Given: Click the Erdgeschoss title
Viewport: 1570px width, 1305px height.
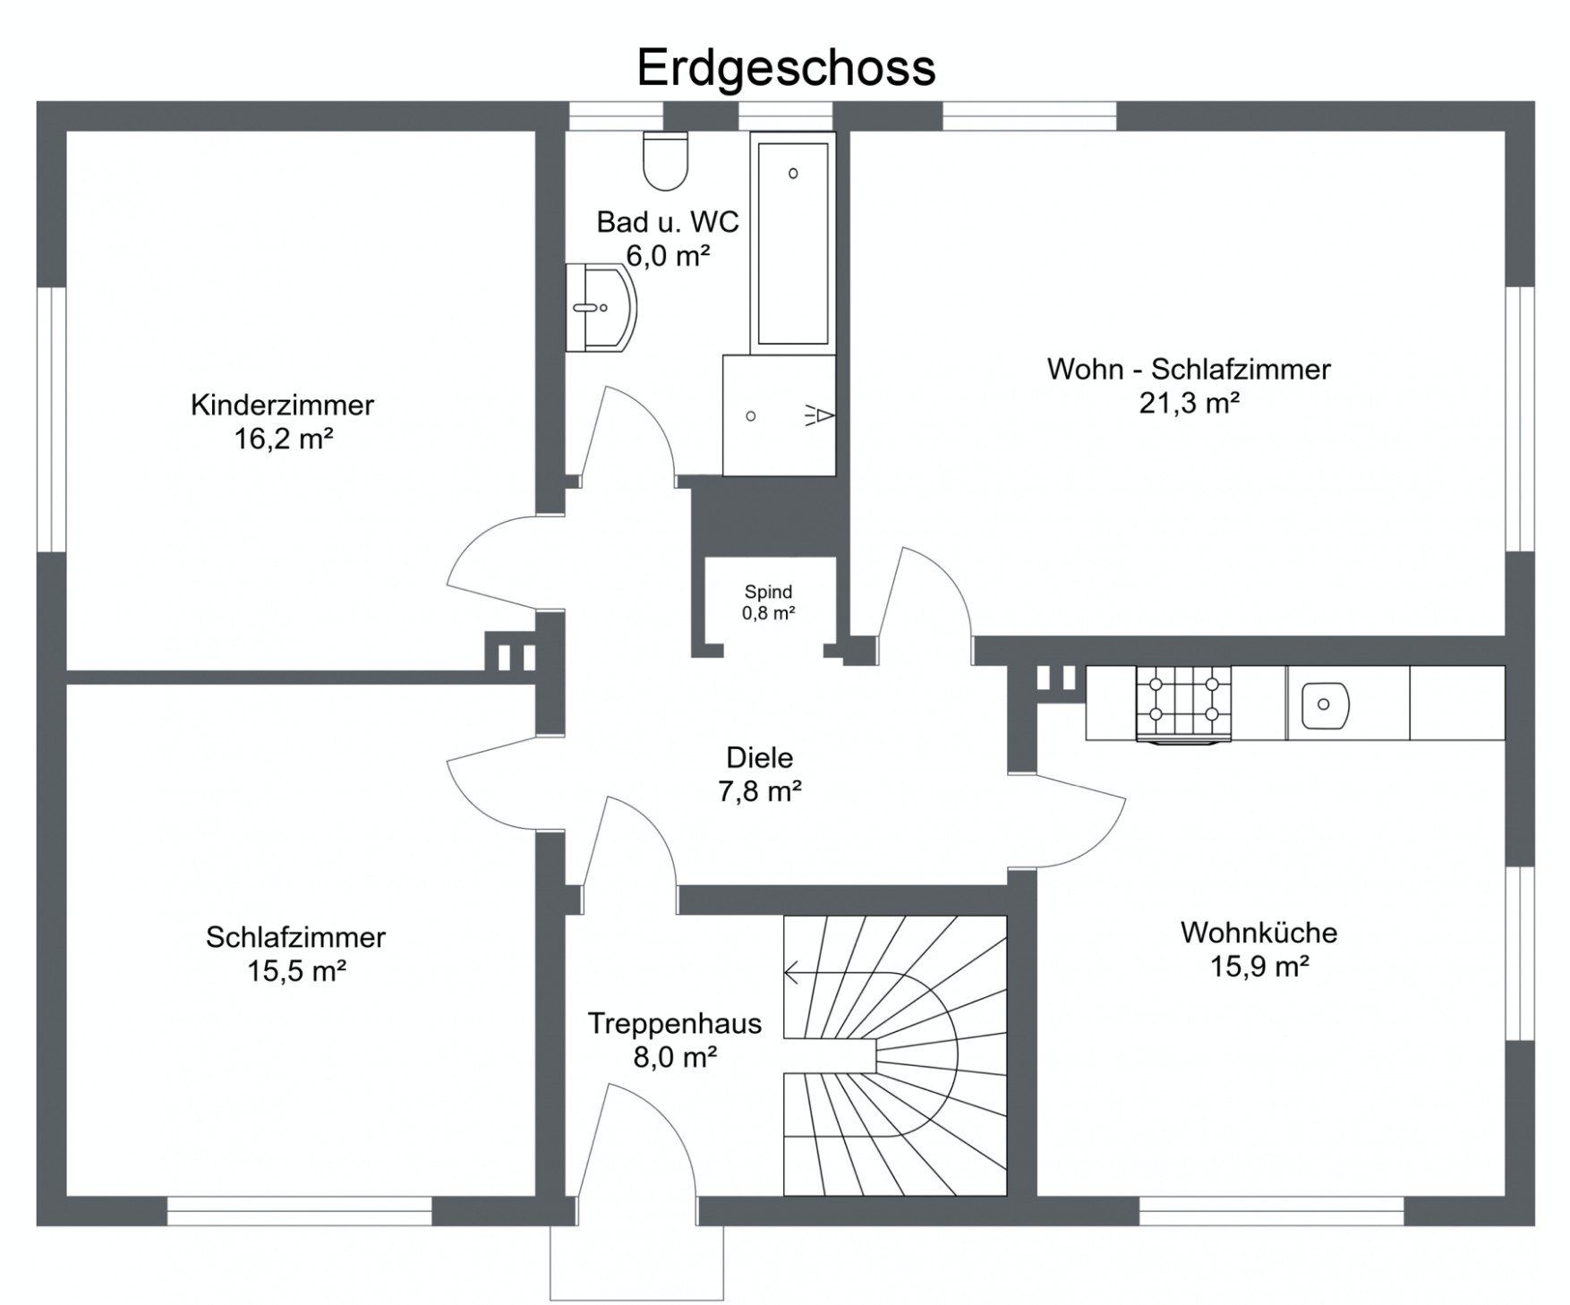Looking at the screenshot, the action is click(786, 69).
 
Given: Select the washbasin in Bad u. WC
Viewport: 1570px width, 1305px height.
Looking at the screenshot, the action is click(602, 308).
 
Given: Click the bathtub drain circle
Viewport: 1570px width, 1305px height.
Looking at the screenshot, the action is click(793, 174).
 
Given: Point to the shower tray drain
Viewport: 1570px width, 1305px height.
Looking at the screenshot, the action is click(751, 416).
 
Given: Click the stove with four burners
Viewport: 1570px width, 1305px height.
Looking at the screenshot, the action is click(1183, 704).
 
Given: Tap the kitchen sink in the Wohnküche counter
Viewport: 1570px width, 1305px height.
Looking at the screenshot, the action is click(1323, 704).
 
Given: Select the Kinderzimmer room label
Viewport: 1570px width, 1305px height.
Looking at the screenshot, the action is click(282, 405).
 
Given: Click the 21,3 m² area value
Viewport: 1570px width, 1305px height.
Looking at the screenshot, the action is click(1189, 404).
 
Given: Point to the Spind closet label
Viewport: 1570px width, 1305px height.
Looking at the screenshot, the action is click(769, 593).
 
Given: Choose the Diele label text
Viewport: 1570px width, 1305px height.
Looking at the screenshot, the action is click(760, 758).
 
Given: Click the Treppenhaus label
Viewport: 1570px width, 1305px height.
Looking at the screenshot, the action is click(675, 1023).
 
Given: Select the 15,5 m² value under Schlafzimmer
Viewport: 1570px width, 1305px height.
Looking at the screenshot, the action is click(296, 971).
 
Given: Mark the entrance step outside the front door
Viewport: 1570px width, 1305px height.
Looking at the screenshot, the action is click(636, 1263).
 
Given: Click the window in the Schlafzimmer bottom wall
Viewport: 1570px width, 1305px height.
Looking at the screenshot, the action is click(300, 1211).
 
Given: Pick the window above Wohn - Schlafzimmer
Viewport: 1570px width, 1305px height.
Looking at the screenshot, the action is click(1029, 116).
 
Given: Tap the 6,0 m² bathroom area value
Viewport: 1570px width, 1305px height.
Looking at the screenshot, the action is click(668, 257).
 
